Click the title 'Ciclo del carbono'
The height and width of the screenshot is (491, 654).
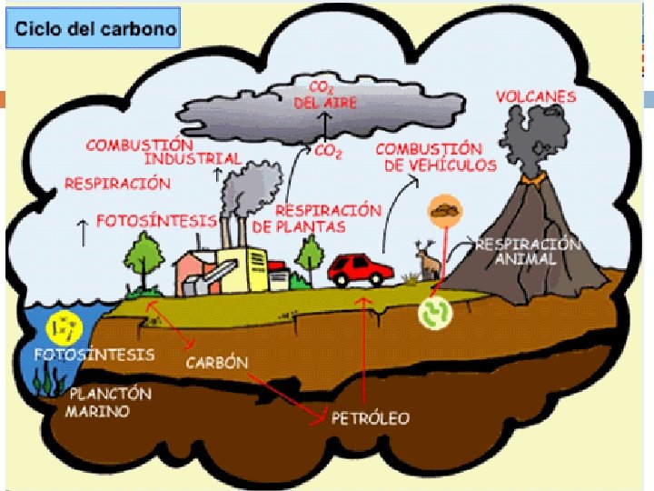tap(94, 29)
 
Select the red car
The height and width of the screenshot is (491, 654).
tap(361, 268)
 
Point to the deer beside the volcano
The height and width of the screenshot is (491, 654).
tap(429, 262)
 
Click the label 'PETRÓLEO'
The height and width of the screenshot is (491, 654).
tap(371, 418)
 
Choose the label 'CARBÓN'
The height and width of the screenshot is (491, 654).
tap(217, 362)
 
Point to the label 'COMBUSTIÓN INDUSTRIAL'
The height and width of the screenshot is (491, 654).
tap(163, 151)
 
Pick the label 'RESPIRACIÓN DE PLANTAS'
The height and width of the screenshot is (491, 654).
tap(315, 217)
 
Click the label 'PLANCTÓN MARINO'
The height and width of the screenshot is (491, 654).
tap(109, 402)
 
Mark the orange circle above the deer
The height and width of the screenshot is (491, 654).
tap(445, 210)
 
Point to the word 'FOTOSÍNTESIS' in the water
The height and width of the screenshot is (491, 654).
tap(94, 354)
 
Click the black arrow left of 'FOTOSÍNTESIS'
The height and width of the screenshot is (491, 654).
tap(84, 230)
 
